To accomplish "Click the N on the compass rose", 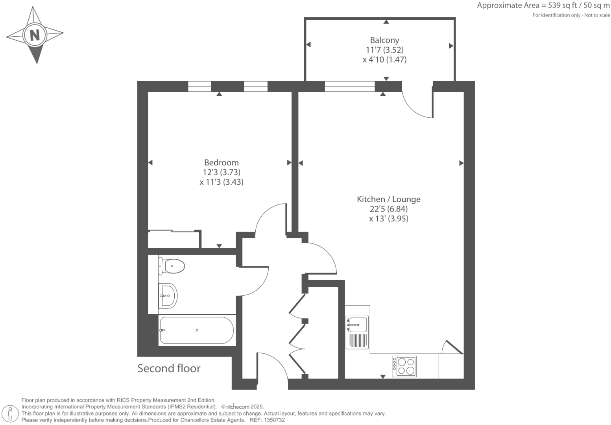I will [35, 35].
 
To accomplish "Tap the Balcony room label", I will [384, 40].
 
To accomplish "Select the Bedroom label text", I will [221, 162].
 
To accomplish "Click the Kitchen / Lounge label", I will [388, 199].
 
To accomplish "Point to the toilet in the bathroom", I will [172, 266].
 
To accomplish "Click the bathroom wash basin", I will [168, 295].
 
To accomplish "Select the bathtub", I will [197, 330].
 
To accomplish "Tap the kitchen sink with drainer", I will [357, 332].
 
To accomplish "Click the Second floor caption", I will [169, 368].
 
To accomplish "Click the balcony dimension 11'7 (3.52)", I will [384, 50].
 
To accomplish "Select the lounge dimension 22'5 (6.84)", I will [388, 209].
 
